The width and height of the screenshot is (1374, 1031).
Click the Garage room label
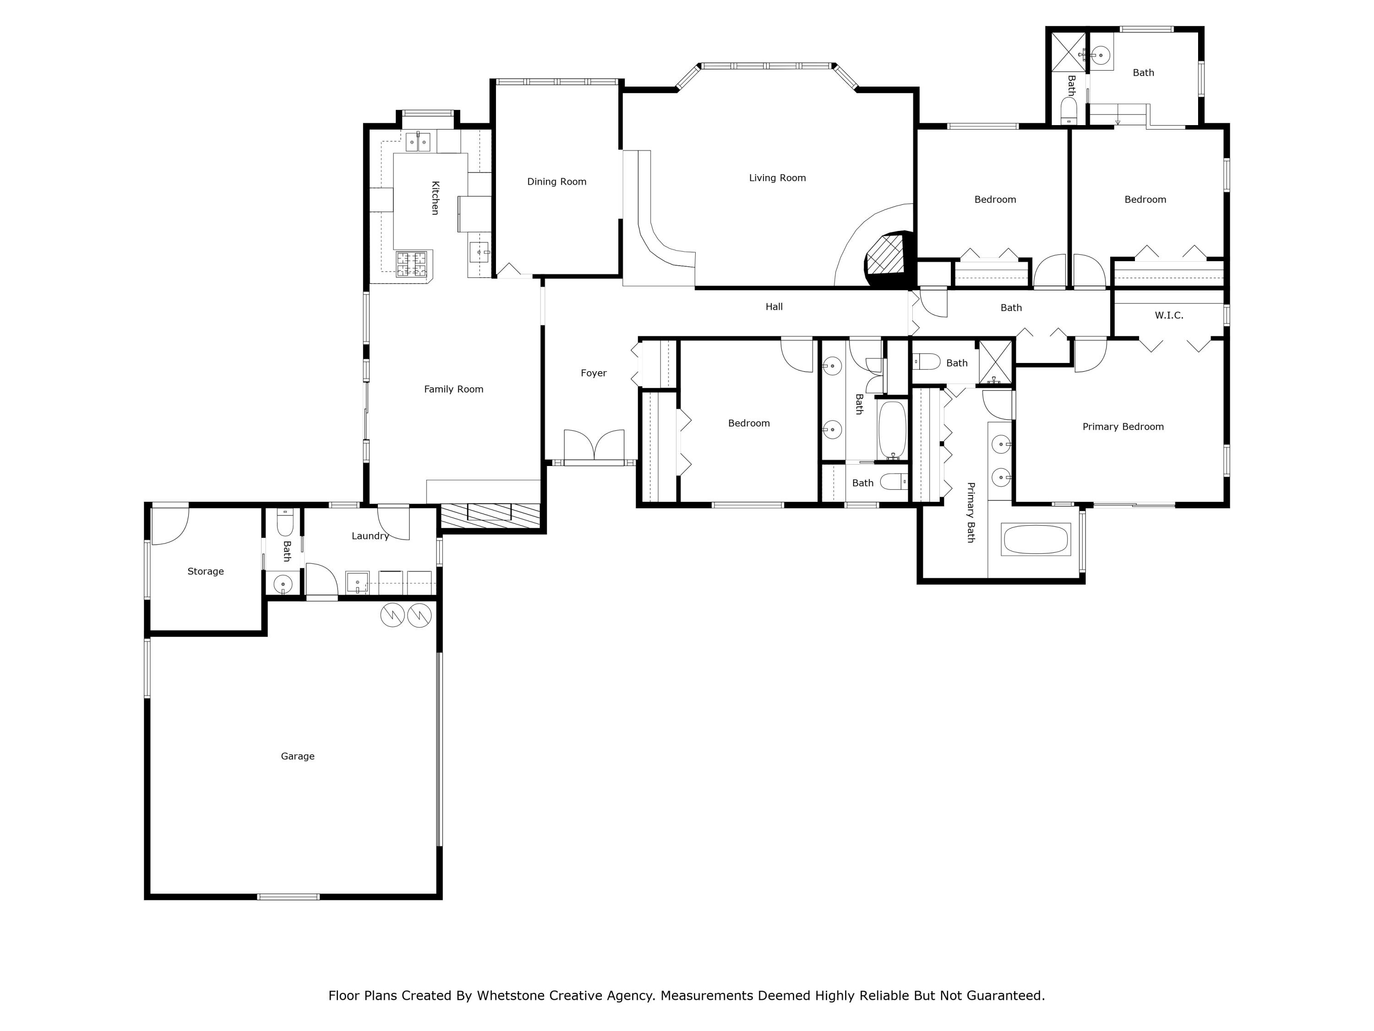click(x=298, y=757)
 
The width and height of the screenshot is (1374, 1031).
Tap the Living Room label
click(x=777, y=178)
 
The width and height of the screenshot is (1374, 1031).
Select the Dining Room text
click(x=556, y=181)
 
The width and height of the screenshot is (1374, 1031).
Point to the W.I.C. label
click(x=1168, y=315)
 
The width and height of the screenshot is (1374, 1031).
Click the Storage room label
click(x=206, y=571)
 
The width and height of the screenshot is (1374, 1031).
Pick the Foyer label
click(x=593, y=373)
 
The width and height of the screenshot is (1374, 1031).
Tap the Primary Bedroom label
click(x=1123, y=426)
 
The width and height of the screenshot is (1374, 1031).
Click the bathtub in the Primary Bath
click(x=1036, y=539)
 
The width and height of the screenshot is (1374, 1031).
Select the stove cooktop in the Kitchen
click(x=412, y=263)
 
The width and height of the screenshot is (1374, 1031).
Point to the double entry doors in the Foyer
click(x=594, y=445)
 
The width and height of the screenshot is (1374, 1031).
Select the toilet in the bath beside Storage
click(x=284, y=523)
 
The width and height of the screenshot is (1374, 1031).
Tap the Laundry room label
click(x=370, y=536)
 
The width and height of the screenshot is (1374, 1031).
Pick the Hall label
click(x=774, y=307)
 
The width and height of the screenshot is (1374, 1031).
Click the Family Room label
click(x=453, y=389)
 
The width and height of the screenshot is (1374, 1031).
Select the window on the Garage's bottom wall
click(x=288, y=897)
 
